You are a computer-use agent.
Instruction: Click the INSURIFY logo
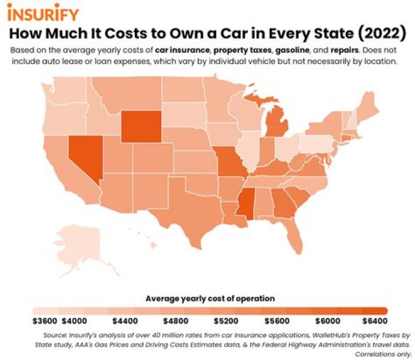(x=43, y=12)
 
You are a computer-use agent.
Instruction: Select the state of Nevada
(x=84, y=156)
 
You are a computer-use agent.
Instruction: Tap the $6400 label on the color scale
(x=374, y=321)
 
